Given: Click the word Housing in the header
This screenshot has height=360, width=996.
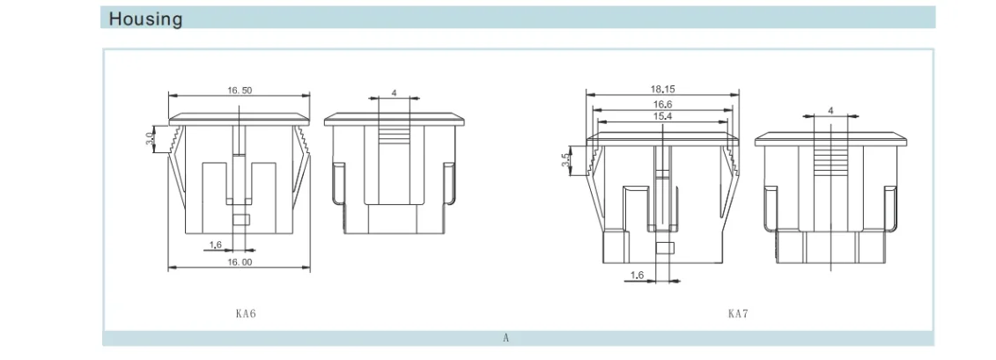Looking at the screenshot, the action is pyautogui.click(x=145, y=18).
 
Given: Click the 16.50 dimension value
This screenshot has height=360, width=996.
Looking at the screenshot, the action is pyautogui.click(x=240, y=90).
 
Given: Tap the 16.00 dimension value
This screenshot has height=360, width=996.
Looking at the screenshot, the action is pyautogui.click(x=240, y=261).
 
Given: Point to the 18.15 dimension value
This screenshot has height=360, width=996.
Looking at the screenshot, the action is pyautogui.click(x=662, y=90).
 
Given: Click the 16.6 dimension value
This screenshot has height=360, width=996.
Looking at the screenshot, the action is pyautogui.click(x=662, y=104).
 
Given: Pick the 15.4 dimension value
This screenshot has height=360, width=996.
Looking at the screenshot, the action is pyautogui.click(x=662, y=116).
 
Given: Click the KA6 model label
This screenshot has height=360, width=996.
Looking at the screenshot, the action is pyautogui.click(x=245, y=313).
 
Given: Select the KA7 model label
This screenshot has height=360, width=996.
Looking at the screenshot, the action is pyautogui.click(x=737, y=313).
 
